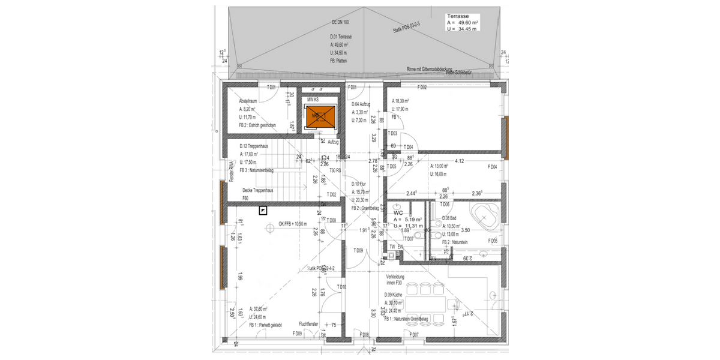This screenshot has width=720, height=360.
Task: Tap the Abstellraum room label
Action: coord(248,101)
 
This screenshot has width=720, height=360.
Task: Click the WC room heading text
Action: coord(398,212)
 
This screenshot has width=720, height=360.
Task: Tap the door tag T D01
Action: coord(271,88)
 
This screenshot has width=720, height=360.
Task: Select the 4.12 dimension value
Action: coord(461,161)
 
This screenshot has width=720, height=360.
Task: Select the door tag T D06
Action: coord(446,205)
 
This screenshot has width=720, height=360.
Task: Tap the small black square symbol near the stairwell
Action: coord(263,209)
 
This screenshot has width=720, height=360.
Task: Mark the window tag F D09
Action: coord(297,334)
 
